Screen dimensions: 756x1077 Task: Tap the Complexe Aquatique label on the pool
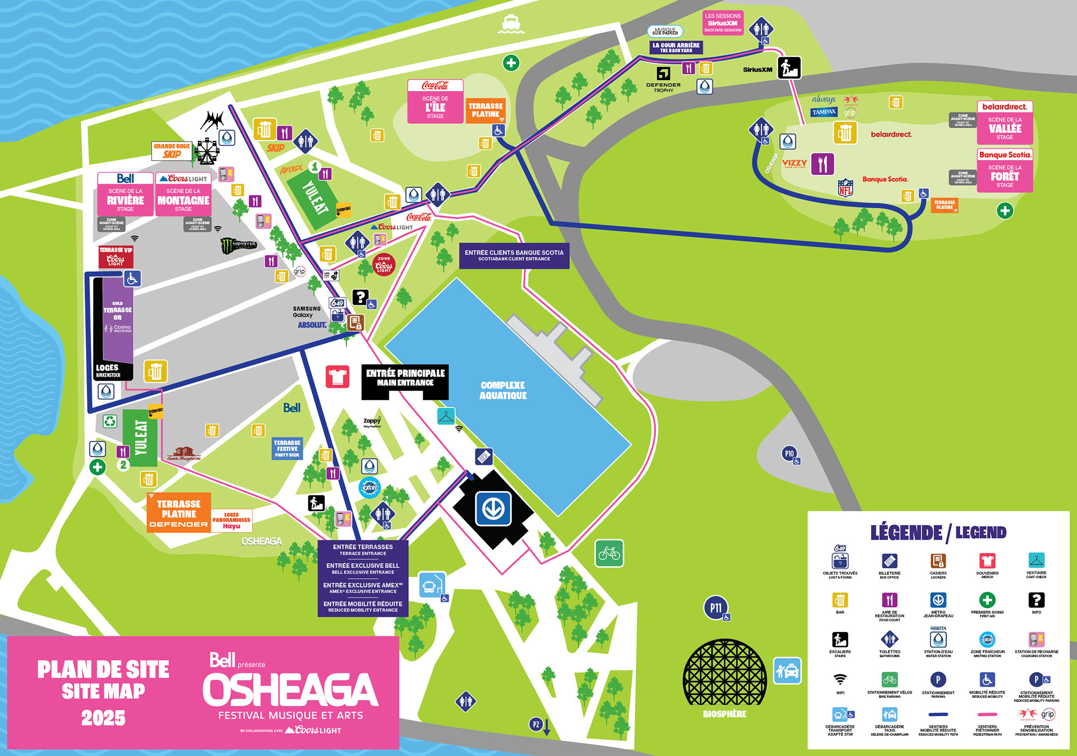(502, 390)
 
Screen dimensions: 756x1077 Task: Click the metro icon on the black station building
(493, 508)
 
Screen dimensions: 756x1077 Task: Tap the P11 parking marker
(715, 608)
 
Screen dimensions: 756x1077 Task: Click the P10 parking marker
(789, 453)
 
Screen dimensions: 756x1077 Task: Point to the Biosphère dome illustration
(724, 673)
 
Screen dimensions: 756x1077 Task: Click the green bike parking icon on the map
(609, 553)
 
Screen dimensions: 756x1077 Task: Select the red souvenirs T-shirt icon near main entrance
(337, 376)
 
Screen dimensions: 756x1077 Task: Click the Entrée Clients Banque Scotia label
(514, 255)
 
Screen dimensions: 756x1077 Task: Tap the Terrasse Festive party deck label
(287, 448)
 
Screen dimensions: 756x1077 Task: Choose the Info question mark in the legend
(1036, 600)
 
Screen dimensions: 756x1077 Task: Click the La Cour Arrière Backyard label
(676, 47)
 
